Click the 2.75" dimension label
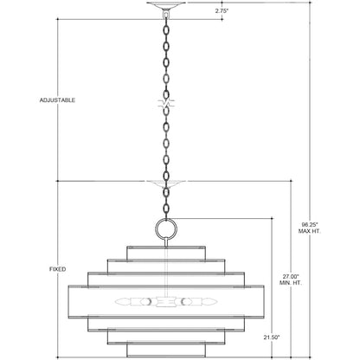[x=222, y=11]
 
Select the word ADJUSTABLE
[x=57, y=100]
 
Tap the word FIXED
[x=58, y=269]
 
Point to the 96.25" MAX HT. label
[x=310, y=228]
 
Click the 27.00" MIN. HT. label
[x=291, y=280]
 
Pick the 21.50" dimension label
[x=272, y=337]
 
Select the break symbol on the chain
[x=166, y=103]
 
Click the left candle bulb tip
[x=115, y=302]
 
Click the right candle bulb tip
[x=216, y=302]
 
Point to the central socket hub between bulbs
[x=166, y=302]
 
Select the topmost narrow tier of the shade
[x=166, y=253]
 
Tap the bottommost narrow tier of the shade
[x=166, y=350]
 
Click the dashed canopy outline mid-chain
[x=166, y=184]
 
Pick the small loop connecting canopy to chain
[x=166, y=15]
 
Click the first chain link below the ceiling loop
[x=166, y=30]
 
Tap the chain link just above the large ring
[x=166, y=209]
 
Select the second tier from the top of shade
[x=166, y=267]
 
